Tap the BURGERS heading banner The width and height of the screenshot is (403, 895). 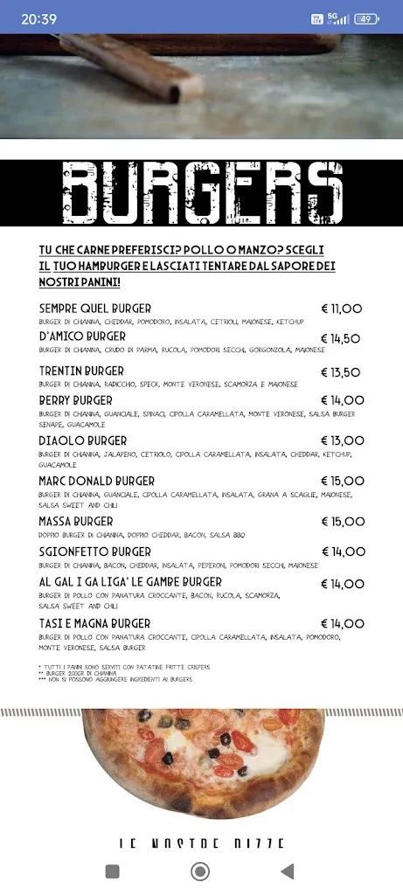click(x=201, y=193)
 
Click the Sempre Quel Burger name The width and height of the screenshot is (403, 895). click(x=95, y=309)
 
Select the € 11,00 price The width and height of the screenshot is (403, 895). click(x=342, y=309)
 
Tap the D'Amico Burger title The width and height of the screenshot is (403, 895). click(x=82, y=336)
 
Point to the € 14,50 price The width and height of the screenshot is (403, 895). click(x=341, y=338)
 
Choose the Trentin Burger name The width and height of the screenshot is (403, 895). click(x=81, y=371)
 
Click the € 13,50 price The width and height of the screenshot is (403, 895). click(x=341, y=372)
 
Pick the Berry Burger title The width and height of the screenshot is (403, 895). click(x=75, y=400)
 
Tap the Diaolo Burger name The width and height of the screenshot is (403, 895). click(x=83, y=441)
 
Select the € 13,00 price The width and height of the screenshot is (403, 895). click(x=342, y=441)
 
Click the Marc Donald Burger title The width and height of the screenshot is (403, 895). click(x=97, y=482)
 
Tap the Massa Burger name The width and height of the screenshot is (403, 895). click(x=76, y=522)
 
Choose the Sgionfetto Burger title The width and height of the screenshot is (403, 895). click(x=95, y=552)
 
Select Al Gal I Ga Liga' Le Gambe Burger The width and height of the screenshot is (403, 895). click(x=130, y=582)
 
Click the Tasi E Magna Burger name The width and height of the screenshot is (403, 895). click(x=94, y=623)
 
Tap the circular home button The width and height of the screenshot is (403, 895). click(x=200, y=871)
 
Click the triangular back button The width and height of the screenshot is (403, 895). click(x=287, y=871)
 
